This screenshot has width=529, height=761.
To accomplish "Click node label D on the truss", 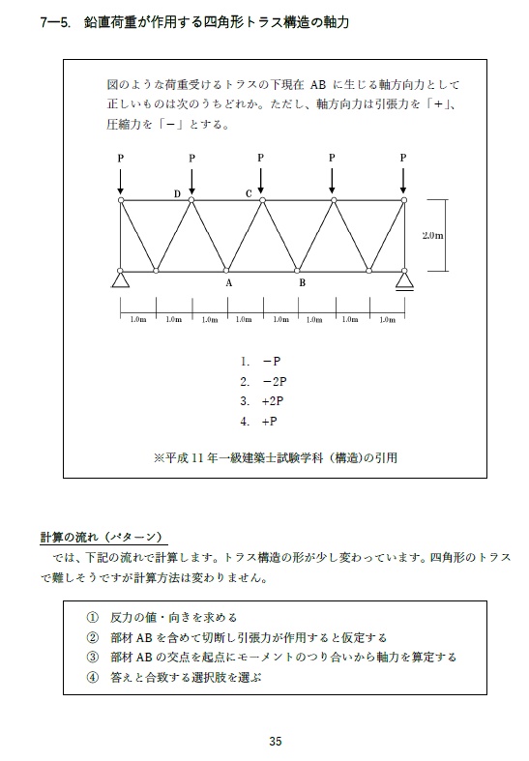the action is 177,194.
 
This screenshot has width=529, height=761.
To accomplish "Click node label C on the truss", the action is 249,194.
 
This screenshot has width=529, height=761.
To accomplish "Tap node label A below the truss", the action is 229,283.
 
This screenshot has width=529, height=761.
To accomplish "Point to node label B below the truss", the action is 302,283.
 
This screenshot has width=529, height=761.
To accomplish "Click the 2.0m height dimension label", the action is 433,235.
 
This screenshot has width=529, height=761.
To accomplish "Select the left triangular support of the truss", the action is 121,280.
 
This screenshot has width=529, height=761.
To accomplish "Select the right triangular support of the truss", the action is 404,280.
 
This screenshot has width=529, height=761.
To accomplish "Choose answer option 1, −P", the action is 261,361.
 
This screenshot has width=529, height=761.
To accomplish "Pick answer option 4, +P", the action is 261,422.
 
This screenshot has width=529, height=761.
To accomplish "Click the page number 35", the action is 276,742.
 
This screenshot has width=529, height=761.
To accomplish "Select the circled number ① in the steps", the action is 92,617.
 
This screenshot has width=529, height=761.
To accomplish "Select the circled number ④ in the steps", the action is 92,678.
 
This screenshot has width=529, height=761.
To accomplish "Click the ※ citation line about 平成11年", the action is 276,457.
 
